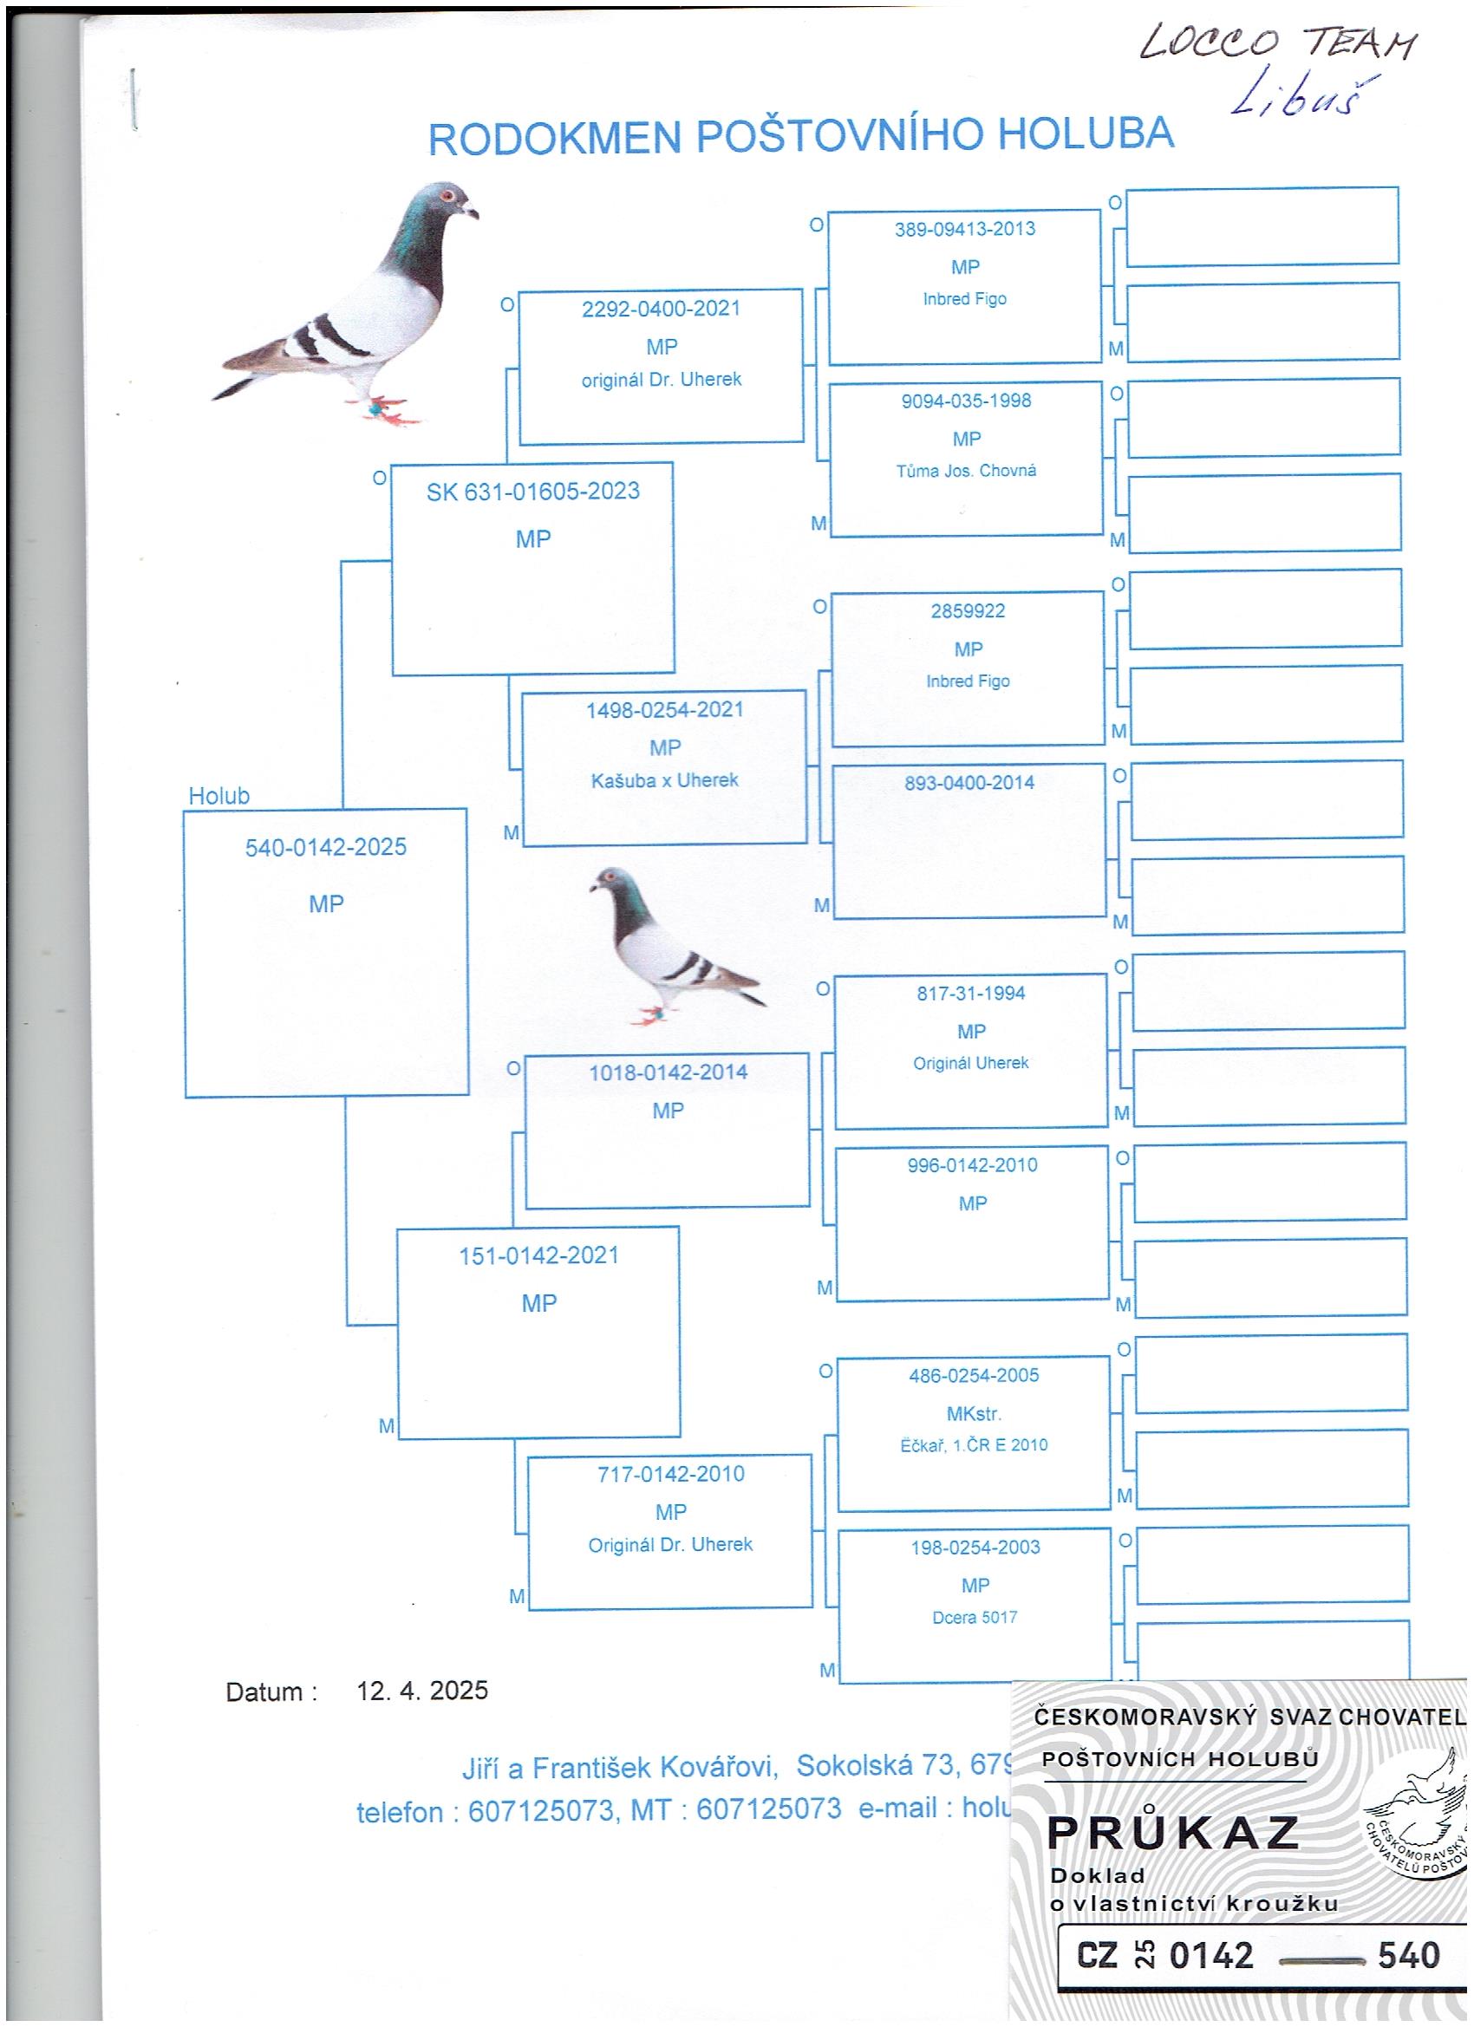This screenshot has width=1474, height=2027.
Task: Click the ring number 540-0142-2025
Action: coord(325,846)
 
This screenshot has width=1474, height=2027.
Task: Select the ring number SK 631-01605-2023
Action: coord(532,492)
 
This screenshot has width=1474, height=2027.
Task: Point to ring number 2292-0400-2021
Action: coord(661,310)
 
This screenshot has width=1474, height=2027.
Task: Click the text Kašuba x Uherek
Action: coord(664,780)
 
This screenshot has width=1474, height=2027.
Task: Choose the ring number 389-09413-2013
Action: coord(964,229)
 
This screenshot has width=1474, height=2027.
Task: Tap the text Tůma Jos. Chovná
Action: coord(966,471)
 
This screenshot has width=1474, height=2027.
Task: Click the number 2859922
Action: coord(968,611)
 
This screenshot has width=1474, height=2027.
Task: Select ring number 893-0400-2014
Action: coord(969,783)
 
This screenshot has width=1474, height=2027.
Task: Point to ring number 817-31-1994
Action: coord(971,993)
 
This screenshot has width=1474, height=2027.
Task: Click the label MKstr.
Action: coord(974,1414)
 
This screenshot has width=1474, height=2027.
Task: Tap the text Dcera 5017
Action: coord(975,1617)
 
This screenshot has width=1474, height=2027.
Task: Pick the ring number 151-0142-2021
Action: coord(538,1255)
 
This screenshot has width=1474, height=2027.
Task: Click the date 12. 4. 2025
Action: coord(422,1690)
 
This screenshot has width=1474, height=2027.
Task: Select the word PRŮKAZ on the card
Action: coord(1172,1833)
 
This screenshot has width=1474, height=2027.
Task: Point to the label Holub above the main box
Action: coord(219,795)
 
